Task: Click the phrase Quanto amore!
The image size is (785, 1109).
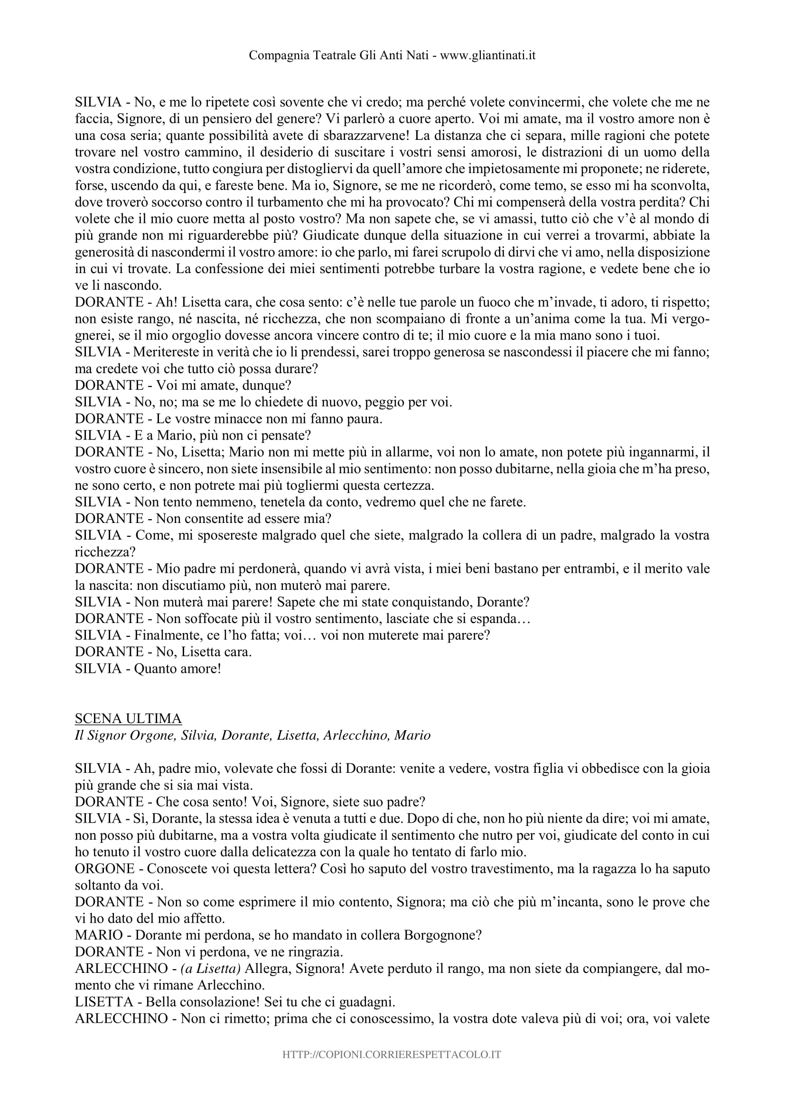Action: [178, 669]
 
